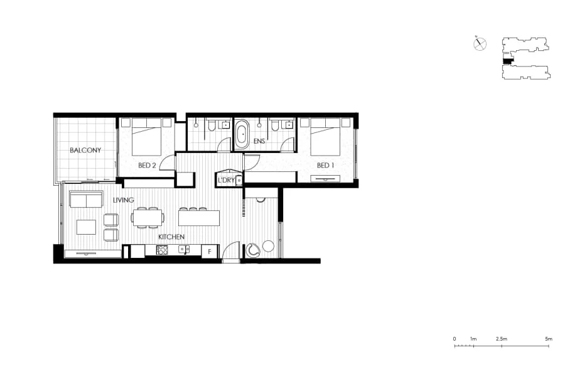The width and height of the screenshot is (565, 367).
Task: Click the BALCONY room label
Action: pyautogui.click(x=85, y=151)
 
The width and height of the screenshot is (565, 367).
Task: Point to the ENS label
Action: pyautogui.click(x=259, y=142)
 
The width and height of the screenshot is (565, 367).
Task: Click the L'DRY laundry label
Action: pyautogui.click(x=225, y=181)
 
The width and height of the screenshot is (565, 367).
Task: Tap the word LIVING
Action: pyautogui.click(x=124, y=200)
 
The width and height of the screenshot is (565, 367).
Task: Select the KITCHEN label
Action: pyautogui.click(x=171, y=237)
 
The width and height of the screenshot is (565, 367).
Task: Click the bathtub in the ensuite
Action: pyautogui.click(x=242, y=134)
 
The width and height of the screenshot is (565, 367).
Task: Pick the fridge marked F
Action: pyautogui.click(x=209, y=252)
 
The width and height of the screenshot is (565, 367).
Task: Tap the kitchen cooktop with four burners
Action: pyautogui.click(x=162, y=250)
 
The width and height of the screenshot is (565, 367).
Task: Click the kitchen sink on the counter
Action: pyautogui.click(x=185, y=250)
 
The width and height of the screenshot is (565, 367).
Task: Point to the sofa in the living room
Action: pyautogui.click(x=86, y=199)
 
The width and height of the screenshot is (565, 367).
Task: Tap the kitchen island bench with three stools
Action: pyautogui.click(x=199, y=218)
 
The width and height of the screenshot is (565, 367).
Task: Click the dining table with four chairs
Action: pyautogui.click(x=148, y=218)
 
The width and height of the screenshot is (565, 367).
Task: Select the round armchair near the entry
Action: pyautogui.click(x=254, y=249)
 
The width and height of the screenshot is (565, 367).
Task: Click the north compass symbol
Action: pyautogui.click(x=480, y=44)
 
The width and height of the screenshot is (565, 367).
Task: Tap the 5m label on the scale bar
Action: pyautogui.click(x=549, y=339)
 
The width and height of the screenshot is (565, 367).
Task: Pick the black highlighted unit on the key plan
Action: pyautogui.click(x=508, y=61)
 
